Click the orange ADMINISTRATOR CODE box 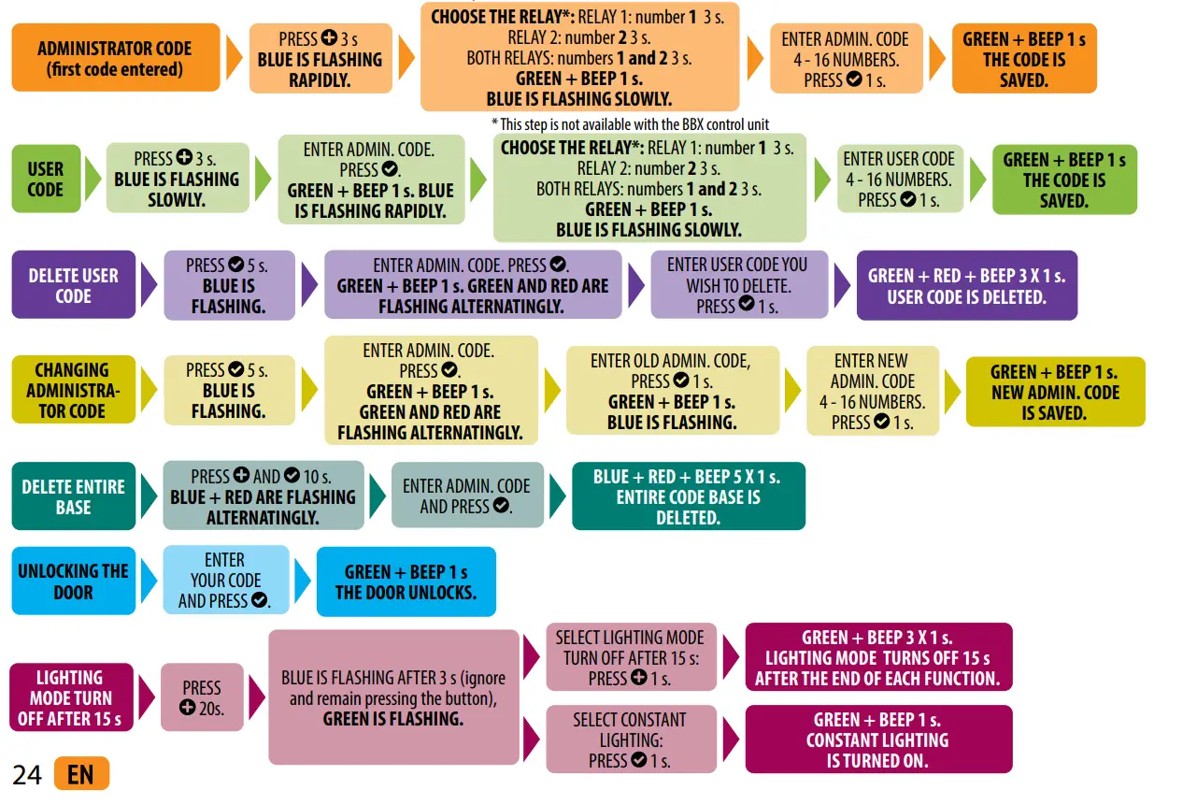115,58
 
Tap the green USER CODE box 45,179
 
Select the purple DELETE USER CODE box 73,285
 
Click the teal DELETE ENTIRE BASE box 73,496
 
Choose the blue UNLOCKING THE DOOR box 73,581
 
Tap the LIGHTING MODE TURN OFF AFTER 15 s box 69,697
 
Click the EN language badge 81,774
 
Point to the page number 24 27,775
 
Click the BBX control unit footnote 630,124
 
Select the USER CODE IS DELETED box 966,286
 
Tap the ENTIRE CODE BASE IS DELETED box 687,496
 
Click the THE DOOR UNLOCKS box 406,581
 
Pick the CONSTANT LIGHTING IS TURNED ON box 877,739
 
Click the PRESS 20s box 202,697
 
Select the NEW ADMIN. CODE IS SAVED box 1054,392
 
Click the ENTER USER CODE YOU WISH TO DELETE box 737,285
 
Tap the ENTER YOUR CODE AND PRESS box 224,581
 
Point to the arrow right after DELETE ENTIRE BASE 148,495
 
